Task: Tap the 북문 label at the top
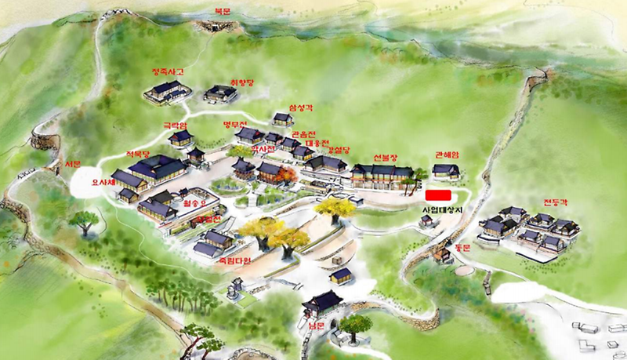224,10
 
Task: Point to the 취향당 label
241,81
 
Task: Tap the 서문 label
72,164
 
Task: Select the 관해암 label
445,155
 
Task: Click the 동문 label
461,247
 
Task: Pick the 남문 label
316,323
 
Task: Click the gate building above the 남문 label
322,302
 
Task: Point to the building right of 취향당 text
220,95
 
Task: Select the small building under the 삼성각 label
283,119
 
